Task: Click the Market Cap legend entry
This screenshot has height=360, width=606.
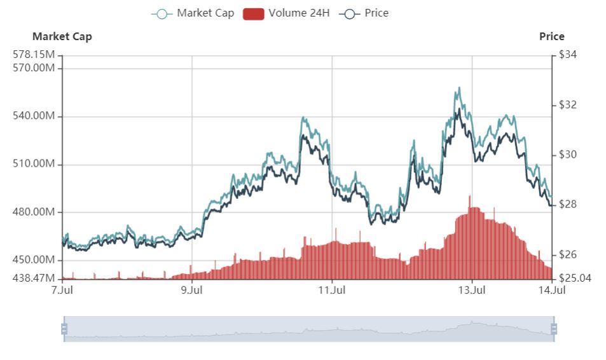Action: coord(193,13)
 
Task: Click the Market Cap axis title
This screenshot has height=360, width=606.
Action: coord(62,36)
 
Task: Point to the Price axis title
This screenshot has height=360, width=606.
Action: coord(551,36)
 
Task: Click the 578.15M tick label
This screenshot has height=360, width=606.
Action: coord(33,55)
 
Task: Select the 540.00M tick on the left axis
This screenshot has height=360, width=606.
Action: coord(33,116)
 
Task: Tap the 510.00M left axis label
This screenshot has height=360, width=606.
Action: coord(33,164)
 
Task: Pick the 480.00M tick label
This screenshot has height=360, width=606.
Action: coord(33,212)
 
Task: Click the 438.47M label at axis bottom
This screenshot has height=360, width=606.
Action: coord(33,279)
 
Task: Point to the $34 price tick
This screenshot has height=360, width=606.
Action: coord(567,55)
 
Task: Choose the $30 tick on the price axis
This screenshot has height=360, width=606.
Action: coord(567,155)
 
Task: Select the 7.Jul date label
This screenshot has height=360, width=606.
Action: coord(62,291)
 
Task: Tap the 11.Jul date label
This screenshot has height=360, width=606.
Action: coord(332,291)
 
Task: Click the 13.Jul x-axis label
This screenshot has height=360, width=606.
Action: coord(472,291)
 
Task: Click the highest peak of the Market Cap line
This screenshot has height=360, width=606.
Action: coord(458,88)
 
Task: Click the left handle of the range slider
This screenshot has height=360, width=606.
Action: coord(64,329)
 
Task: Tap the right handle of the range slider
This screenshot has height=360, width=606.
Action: coord(554,329)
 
